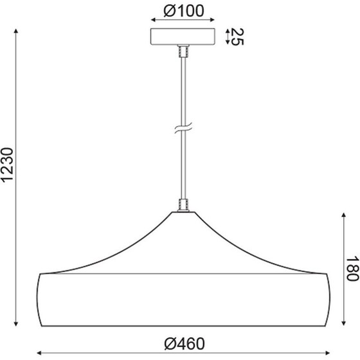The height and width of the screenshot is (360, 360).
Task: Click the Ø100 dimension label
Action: tap(184, 11)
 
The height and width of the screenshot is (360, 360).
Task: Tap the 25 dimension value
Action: tap(237, 37)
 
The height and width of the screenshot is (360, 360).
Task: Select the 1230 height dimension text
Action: tap(7, 165)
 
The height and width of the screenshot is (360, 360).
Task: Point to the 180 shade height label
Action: tap(352, 269)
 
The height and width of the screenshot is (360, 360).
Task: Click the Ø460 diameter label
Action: tap(184, 344)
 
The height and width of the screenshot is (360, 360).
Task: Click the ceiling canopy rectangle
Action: tap(183, 37)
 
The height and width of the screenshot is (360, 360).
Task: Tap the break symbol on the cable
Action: tap(183, 128)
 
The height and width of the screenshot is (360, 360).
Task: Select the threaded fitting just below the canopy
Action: tap(183, 51)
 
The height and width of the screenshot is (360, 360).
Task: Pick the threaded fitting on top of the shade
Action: tap(183, 205)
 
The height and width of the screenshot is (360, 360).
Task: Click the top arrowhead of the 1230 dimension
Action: tap(16, 31)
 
